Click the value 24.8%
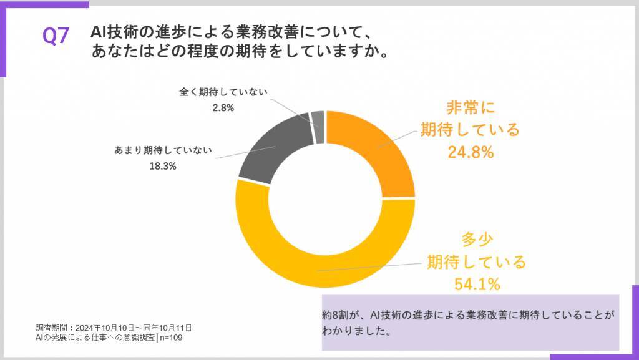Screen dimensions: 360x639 click(x=471, y=152)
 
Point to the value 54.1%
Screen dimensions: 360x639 click(x=477, y=285)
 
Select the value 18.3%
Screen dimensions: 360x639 click(x=163, y=166)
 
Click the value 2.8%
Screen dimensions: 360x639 click(x=223, y=107)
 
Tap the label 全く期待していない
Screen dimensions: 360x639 click(x=223, y=92)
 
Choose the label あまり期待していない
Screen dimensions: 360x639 click(x=163, y=150)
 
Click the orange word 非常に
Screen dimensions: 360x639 click(x=470, y=108)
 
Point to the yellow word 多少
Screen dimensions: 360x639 click(x=476, y=239)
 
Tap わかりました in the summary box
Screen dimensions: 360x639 click(x=356, y=331)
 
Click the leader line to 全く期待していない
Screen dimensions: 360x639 click(x=293, y=106)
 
